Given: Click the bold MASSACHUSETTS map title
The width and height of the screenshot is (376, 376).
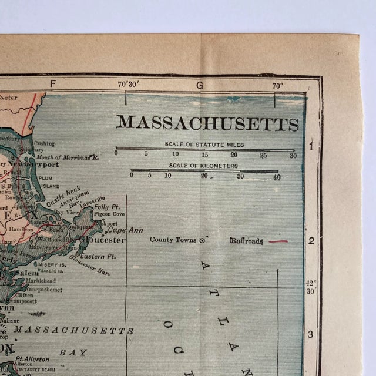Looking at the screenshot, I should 207,123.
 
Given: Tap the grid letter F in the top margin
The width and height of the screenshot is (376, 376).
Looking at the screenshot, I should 53,83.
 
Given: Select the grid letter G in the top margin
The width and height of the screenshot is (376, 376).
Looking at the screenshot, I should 199,85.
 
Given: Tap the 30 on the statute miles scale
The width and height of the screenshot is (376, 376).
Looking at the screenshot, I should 293,155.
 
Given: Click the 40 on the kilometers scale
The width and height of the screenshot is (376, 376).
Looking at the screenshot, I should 277,176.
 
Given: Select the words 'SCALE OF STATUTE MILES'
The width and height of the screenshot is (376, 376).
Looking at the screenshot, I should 204,144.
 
